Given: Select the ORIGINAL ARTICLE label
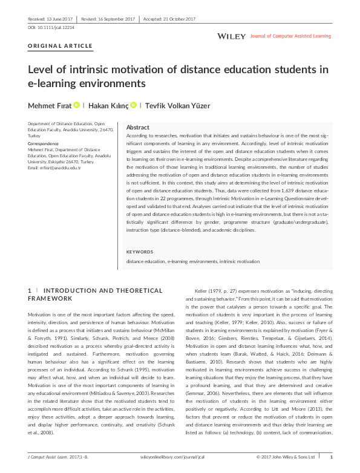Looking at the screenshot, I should (x=61, y=46).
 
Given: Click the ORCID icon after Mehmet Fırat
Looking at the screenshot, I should (x=77, y=105).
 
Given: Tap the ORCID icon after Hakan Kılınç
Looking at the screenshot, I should (x=133, y=105).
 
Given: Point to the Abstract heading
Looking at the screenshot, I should (x=137, y=128).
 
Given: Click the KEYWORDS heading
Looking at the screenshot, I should (x=140, y=252).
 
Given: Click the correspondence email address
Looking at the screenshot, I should (x=54, y=167).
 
